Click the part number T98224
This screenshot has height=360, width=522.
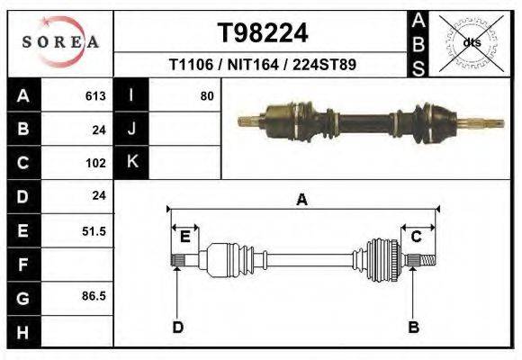(263, 33)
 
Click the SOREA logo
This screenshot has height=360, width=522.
(60, 42)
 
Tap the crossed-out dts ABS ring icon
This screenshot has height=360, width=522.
(471, 43)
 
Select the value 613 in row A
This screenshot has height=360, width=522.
(95, 96)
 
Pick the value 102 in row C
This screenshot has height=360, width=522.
(96, 163)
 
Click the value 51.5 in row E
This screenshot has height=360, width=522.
(94, 231)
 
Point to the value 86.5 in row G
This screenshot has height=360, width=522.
(94, 296)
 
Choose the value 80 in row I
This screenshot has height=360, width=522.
(207, 96)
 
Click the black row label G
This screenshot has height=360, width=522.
(23, 299)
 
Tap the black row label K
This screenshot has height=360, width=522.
(131, 162)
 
